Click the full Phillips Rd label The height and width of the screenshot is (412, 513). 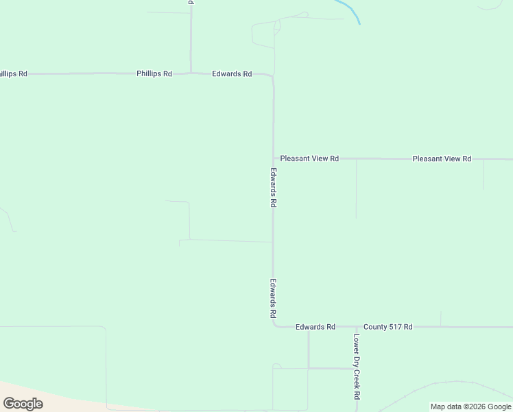[154, 73]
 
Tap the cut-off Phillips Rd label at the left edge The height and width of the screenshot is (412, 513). [13, 73]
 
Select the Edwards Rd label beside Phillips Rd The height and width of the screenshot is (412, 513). [232, 73]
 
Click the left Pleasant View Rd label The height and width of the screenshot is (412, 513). [309, 159]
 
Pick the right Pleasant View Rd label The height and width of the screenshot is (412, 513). [442, 159]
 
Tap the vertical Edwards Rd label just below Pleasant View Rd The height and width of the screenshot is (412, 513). [273, 187]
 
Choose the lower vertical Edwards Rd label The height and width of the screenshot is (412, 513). [273, 297]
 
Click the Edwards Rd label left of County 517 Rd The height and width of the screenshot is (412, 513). [315, 327]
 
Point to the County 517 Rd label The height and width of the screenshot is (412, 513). [388, 327]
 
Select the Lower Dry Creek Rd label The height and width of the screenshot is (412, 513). [357, 367]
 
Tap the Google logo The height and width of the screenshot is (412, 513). [23, 404]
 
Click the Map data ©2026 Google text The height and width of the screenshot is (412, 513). [471, 407]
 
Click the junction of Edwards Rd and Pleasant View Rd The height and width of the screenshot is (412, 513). [273, 159]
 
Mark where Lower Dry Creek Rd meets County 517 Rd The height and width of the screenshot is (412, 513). [357, 327]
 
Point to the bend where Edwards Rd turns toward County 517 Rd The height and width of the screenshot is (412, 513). [274, 325]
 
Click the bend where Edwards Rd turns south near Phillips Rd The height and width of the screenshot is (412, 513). [272, 76]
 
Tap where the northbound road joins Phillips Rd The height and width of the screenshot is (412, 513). [191, 73]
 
